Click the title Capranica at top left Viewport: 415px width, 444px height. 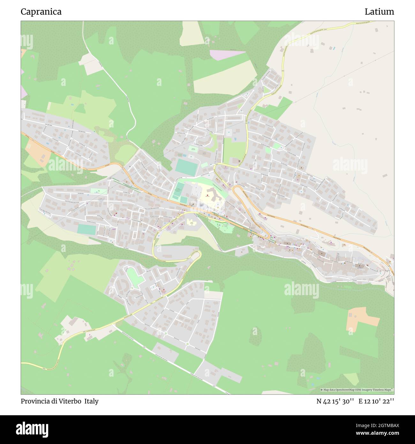click(41, 12)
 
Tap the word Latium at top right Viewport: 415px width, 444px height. click(379, 12)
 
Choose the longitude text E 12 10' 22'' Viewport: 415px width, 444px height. click(376, 401)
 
